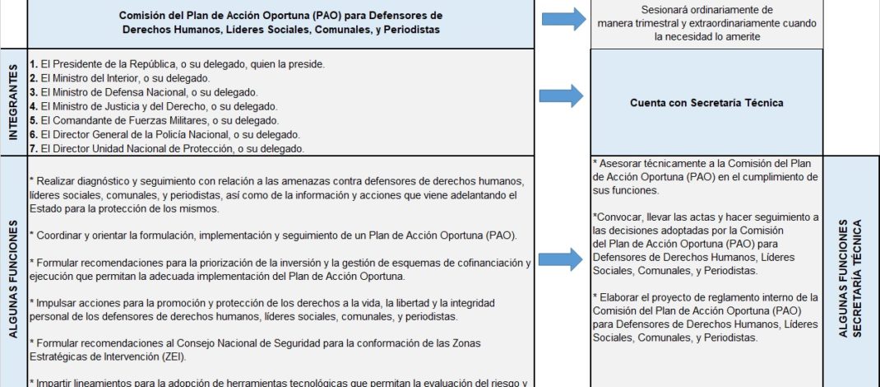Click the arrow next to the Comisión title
coord(563,20)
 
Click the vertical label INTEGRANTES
coord(13,102)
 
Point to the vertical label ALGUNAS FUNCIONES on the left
coord(13,272)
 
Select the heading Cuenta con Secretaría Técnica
coord(706,103)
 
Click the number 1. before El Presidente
coord(32,63)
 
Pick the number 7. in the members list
coord(32,149)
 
